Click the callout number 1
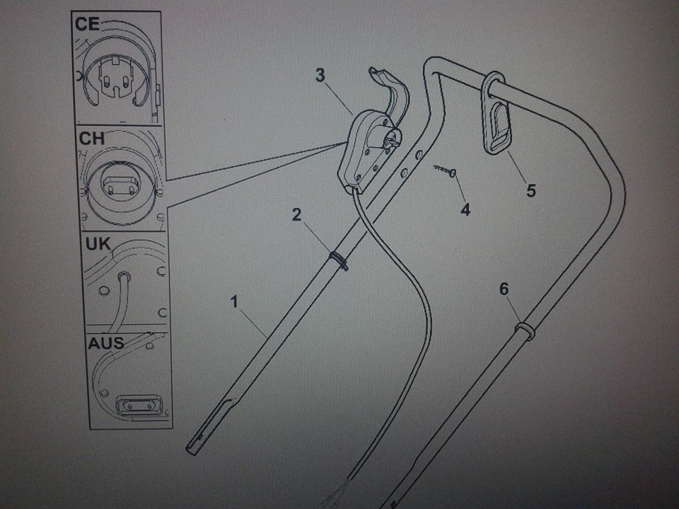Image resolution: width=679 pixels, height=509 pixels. tap(234, 302)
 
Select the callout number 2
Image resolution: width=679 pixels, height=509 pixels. tap(298, 215)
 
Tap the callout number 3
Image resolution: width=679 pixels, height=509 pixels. tap(320, 76)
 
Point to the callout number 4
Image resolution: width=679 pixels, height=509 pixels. tap(465, 209)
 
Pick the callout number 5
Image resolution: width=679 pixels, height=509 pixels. tap(531, 190)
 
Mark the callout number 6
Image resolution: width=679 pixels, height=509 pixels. tap(503, 288)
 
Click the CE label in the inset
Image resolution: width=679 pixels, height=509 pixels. tap(88, 25)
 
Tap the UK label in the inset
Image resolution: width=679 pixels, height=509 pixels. tap(98, 245)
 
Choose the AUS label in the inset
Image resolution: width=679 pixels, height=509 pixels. tap(105, 344)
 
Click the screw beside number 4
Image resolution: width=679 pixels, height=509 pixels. tap(445, 170)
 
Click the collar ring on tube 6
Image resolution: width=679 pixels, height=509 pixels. tap(524, 329)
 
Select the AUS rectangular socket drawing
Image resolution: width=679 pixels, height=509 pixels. tap(140, 406)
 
